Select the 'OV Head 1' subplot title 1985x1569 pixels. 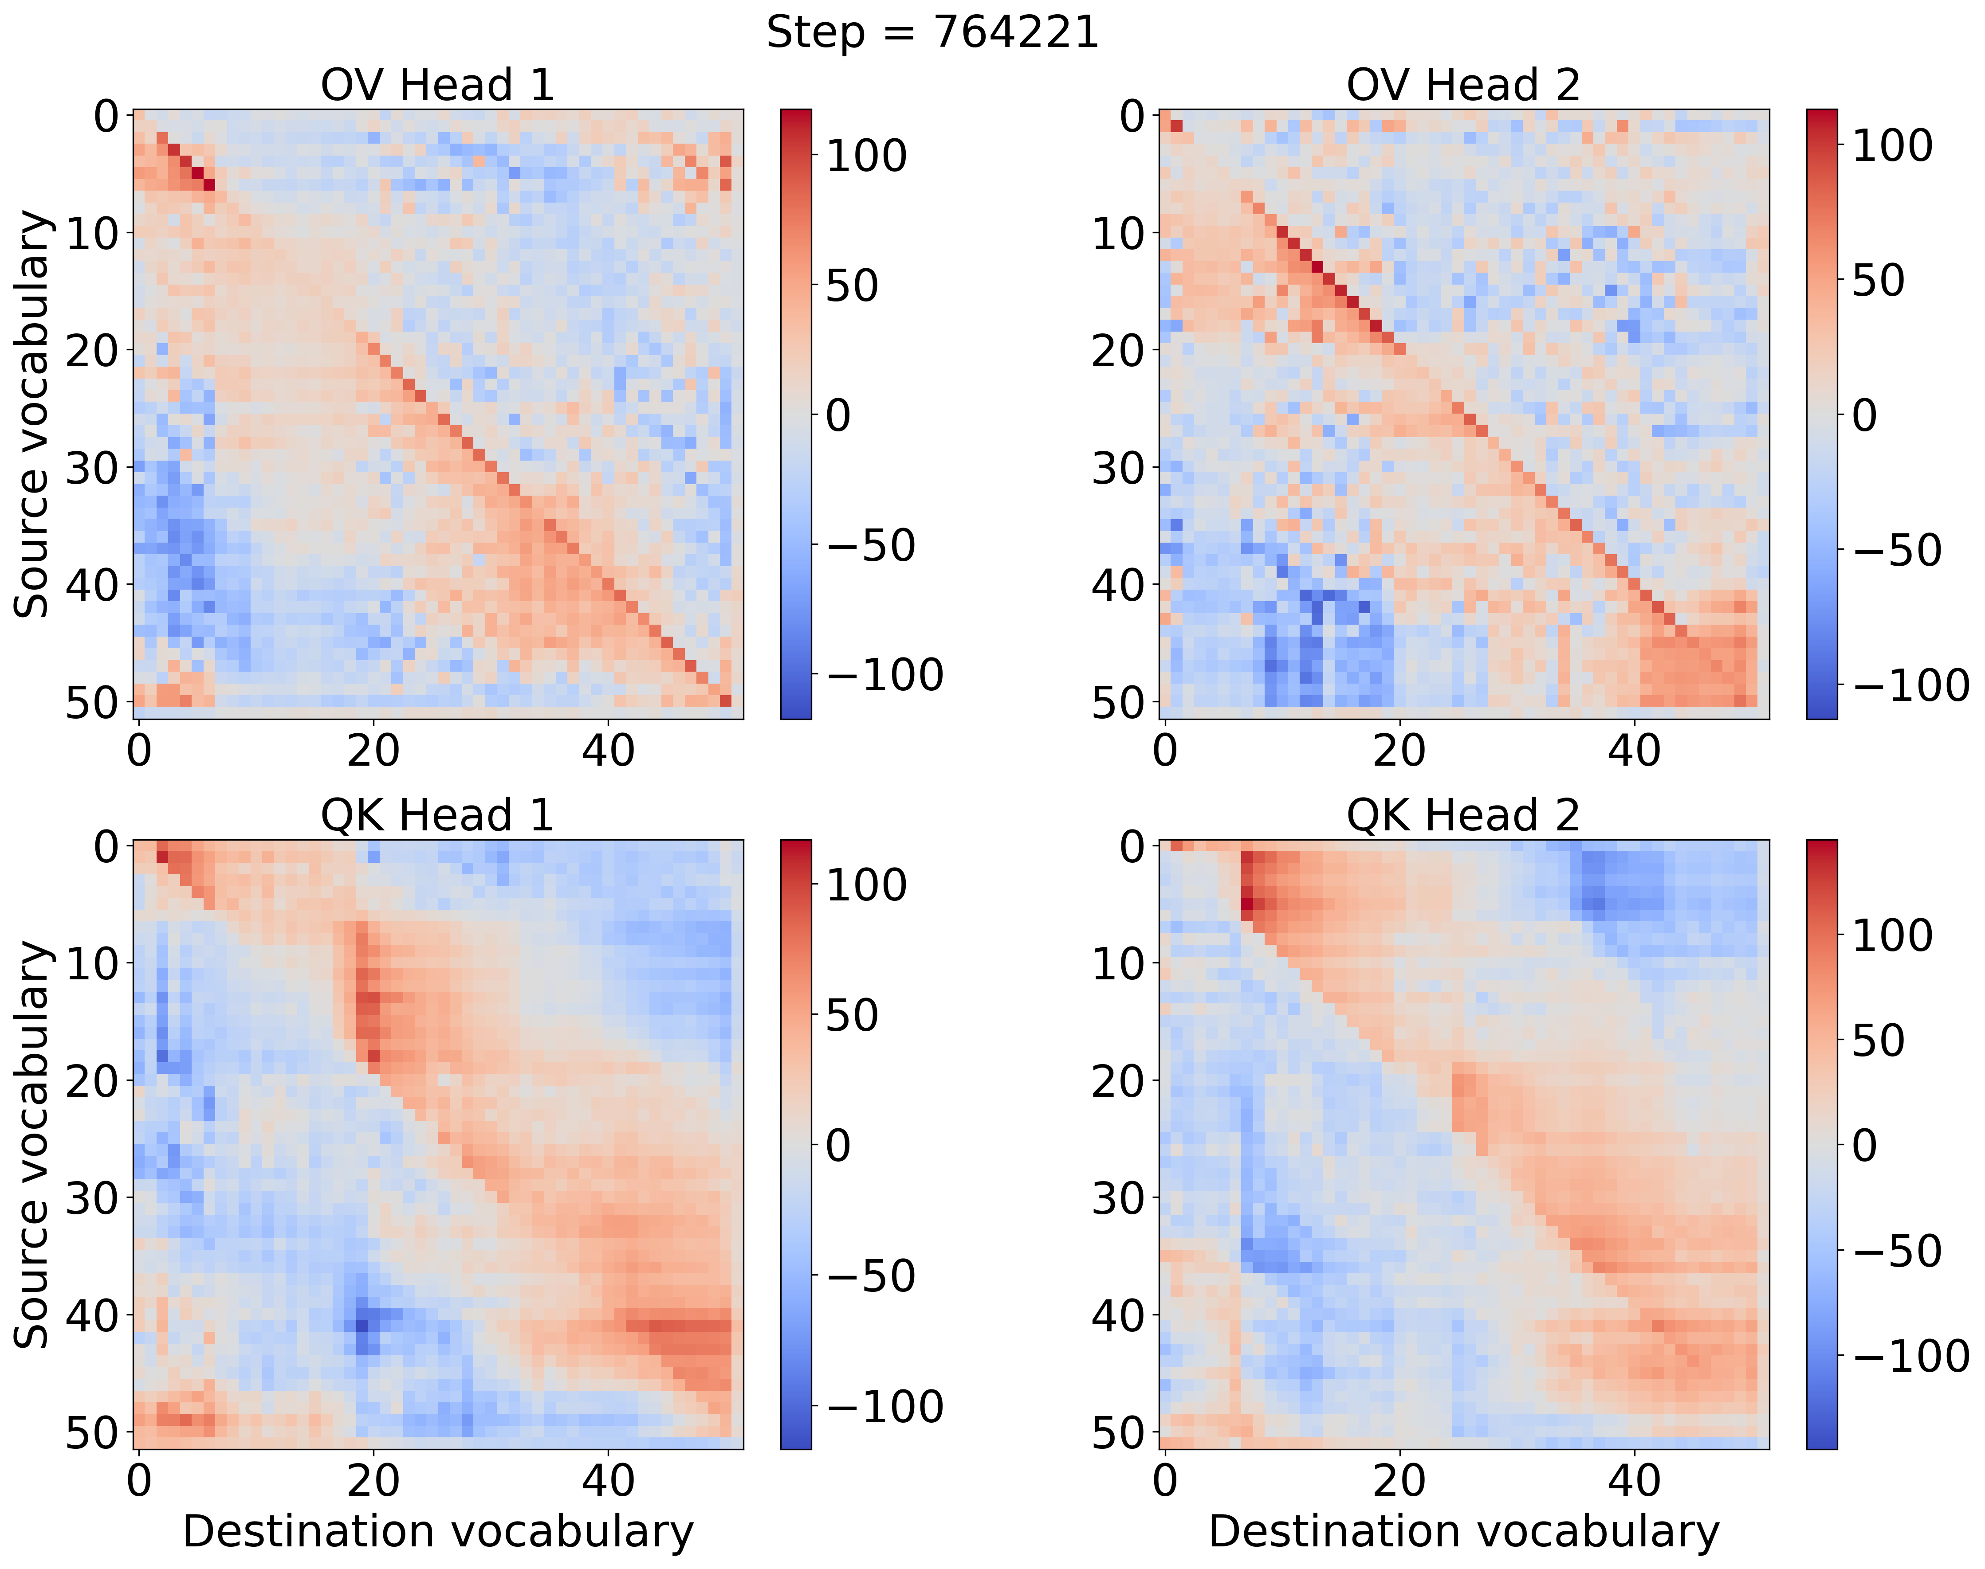(x=437, y=86)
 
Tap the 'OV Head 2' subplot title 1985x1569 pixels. (x=1463, y=86)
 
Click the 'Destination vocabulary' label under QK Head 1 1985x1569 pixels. (x=437, y=1531)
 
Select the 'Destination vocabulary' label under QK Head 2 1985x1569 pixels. (x=1463, y=1531)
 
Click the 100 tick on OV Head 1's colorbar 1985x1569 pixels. (x=866, y=155)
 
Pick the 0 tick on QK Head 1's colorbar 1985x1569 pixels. (x=838, y=1146)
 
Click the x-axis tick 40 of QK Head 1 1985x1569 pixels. (x=607, y=1481)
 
